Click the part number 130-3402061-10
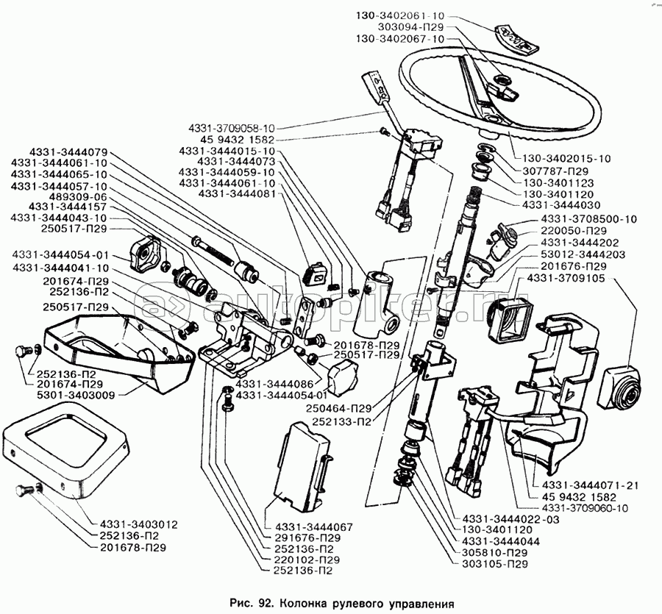399,15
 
